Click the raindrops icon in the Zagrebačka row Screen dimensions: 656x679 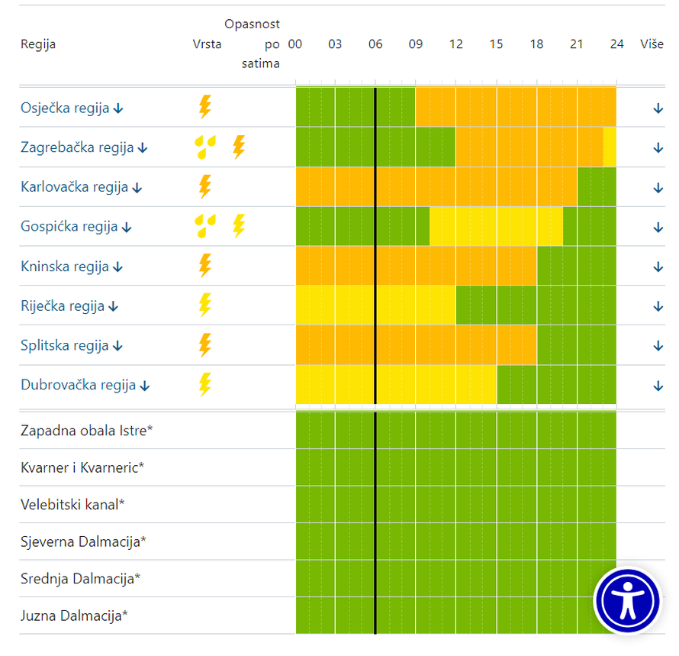click(x=204, y=147)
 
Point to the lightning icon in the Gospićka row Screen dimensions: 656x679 click(x=239, y=226)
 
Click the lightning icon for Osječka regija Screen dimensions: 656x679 click(x=204, y=107)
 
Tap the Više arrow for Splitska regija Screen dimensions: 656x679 click(x=658, y=346)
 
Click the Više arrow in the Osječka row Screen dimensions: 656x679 click(x=658, y=108)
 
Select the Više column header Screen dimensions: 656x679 click(x=652, y=44)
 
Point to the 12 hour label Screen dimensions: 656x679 click(x=455, y=44)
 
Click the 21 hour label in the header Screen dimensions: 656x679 click(x=576, y=44)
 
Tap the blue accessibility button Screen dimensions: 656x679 click(x=627, y=602)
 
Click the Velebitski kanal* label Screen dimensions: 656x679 click(x=72, y=505)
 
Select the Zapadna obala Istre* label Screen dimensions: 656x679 click(x=86, y=431)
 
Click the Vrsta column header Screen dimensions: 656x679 click(x=207, y=44)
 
